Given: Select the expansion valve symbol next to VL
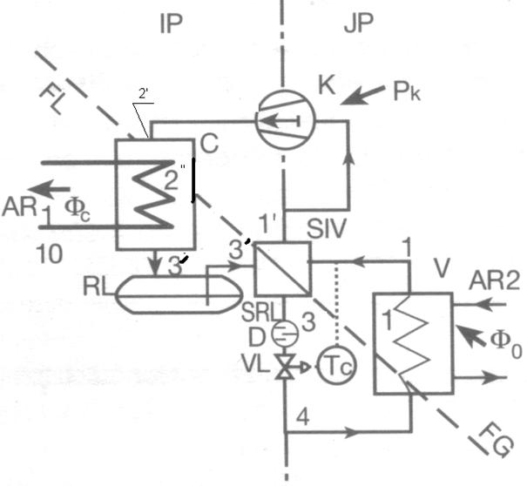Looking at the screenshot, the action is click(286, 367).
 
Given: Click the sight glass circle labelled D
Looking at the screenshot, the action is click(285, 334).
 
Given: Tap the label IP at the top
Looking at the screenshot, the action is click(172, 24).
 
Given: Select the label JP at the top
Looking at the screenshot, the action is click(358, 24).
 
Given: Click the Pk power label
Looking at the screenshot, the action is click(407, 91).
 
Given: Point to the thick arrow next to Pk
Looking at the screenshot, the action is click(363, 96).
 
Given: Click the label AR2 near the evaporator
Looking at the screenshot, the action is click(495, 280).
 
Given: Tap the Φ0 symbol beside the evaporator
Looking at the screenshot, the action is click(506, 343).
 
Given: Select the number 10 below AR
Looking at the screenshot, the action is click(49, 254).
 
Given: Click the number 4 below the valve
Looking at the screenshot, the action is click(303, 417).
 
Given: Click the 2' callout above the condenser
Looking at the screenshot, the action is click(144, 94).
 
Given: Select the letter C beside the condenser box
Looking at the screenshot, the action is click(209, 144).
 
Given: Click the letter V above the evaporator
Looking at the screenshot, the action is click(442, 268).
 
